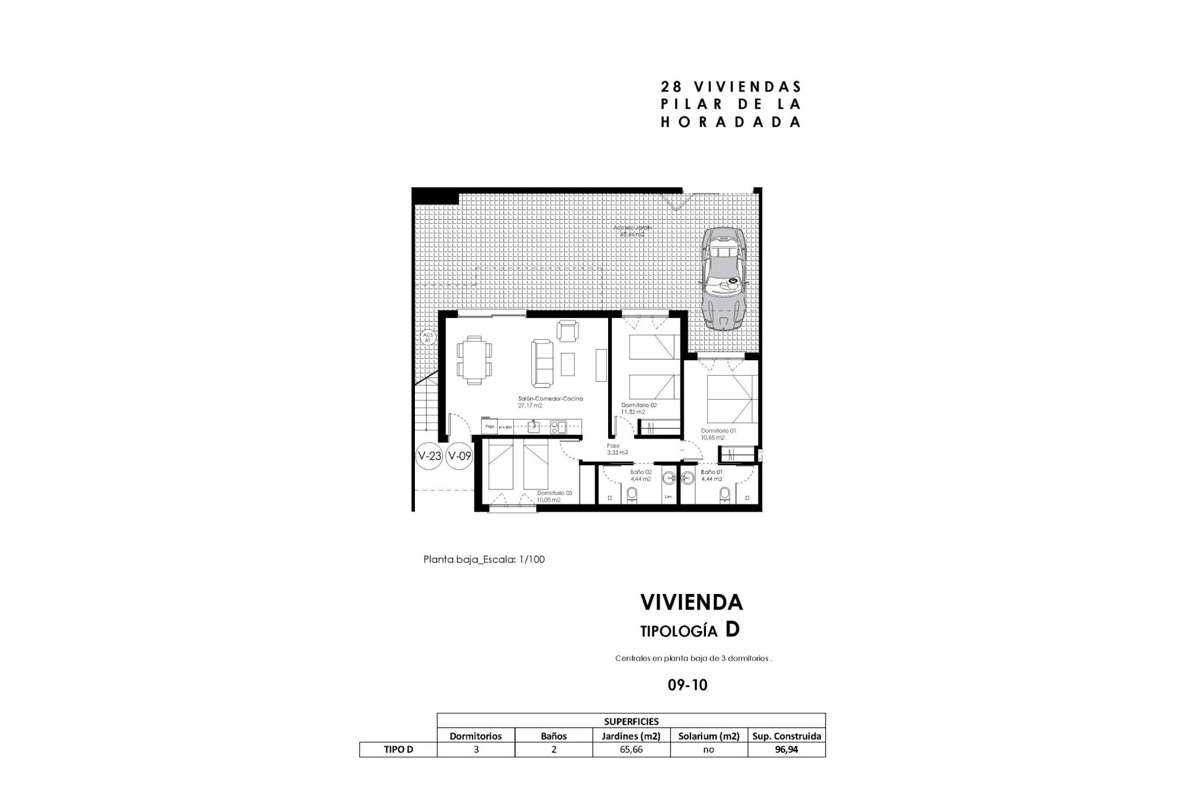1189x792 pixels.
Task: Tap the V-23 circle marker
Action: (429, 457)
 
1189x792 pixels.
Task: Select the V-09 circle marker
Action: (459, 457)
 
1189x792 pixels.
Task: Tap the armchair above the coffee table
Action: (568, 331)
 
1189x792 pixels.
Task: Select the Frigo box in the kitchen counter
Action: (489, 426)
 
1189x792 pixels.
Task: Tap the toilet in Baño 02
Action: (632, 494)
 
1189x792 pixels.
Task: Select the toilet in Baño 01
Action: (725, 494)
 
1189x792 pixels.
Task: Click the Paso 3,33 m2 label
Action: (617, 449)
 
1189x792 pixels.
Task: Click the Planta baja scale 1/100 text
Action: (484, 559)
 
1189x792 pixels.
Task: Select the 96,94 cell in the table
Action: (786, 749)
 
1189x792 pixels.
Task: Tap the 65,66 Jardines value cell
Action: (631, 749)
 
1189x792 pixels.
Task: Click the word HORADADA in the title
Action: (731, 122)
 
